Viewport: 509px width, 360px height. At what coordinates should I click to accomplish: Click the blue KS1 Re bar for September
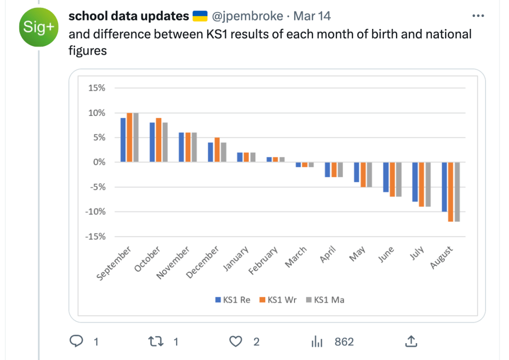coord(123,140)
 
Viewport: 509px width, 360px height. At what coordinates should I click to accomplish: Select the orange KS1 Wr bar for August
coord(451,192)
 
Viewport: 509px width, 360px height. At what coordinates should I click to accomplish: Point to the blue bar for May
coord(356,172)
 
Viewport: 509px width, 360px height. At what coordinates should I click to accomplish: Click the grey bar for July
coord(428,184)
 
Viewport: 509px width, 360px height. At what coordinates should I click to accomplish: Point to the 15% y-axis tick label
coord(97,88)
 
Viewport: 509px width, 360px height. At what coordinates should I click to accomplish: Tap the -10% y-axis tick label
coord(96,212)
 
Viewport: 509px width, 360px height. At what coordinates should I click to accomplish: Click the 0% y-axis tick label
coord(99,162)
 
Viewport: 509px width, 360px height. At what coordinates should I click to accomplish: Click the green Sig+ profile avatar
coord(38,27)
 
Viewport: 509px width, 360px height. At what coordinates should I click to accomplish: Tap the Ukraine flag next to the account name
coord(200,16)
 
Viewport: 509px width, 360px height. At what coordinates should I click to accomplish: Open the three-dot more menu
coord(478,16)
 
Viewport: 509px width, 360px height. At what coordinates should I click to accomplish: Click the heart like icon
coord(236,342)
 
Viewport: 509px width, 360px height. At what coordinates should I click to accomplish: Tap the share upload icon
coord(411,341)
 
